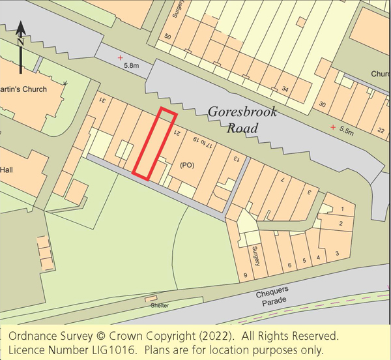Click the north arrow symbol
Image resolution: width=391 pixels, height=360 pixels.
pos(21,46)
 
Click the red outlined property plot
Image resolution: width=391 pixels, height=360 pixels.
pos(155,144)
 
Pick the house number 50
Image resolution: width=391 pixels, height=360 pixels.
pos(167,37)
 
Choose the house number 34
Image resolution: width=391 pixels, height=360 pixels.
pos(285,89)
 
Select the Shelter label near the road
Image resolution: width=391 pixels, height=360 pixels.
pos(160,305)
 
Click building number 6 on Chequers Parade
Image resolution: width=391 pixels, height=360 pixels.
pos(289,265)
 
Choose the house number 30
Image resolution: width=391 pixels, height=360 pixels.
pos(322,104)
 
